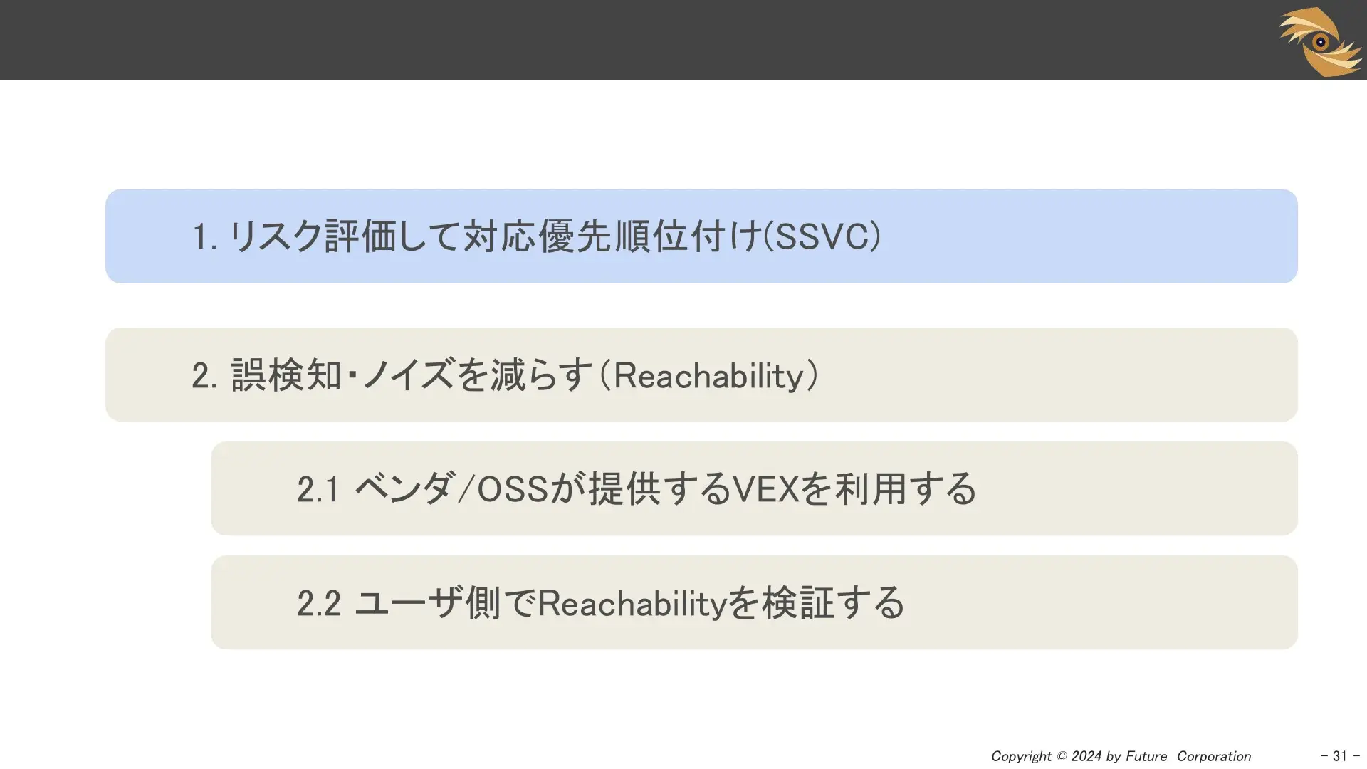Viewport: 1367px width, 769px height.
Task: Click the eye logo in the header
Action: pos(1321,41)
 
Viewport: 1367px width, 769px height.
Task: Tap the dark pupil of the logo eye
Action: pos(1321,42)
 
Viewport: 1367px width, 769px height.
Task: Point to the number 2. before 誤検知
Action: pos(204,375)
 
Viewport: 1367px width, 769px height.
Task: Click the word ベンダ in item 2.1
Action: pos(403,488)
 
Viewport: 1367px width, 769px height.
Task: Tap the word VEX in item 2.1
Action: pos(766,489)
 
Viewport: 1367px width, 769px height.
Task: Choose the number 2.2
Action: pos(319,603)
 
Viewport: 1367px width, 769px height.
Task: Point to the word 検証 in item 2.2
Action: pos(797,602)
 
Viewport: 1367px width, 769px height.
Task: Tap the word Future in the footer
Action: pos(1146,756)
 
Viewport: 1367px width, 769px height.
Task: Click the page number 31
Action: pos(1340,756)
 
